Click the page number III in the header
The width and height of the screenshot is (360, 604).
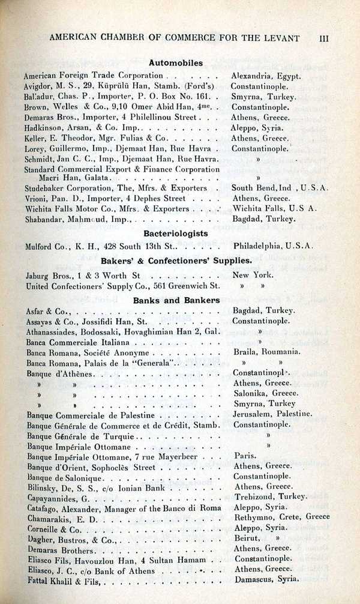pos(324,38)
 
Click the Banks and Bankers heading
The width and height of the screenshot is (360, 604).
pos(176,300)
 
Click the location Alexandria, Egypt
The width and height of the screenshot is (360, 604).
pos(266,76)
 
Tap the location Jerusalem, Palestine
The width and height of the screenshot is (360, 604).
pos(272,414)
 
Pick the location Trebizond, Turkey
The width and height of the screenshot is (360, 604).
pos(270,497)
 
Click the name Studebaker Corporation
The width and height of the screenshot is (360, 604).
pos(66,189)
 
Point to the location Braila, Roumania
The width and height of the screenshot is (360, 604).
pos(266,352)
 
